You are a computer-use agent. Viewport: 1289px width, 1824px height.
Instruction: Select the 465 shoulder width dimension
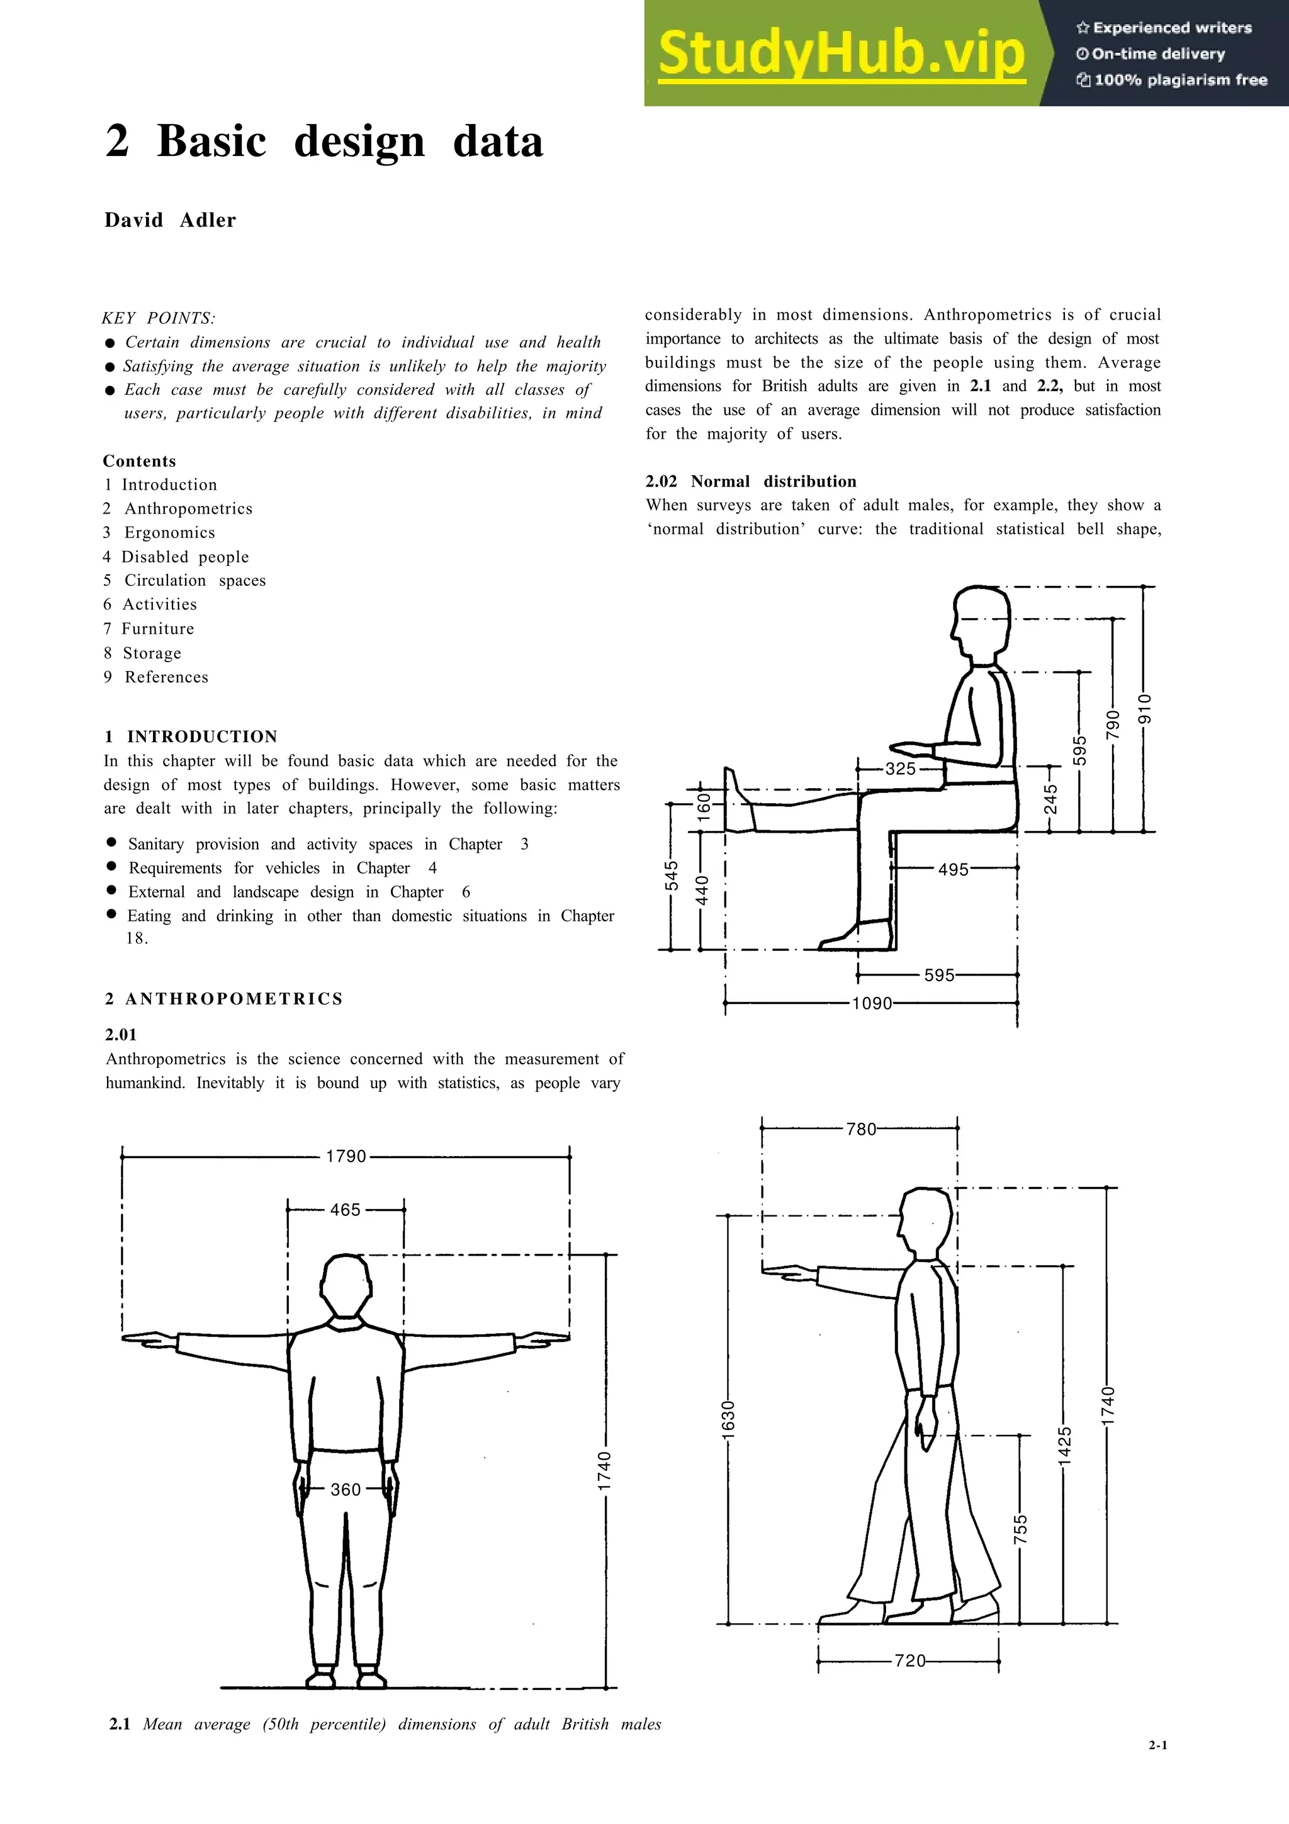click(x=346, y=1210)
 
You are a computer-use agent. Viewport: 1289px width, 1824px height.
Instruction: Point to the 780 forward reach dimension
click(x=861, y=1129)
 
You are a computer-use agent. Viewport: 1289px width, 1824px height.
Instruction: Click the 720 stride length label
click(x=910, y=1660)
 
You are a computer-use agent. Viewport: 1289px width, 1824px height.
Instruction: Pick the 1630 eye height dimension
click(x=728, y=1418)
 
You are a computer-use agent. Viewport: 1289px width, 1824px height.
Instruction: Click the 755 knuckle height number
click(x=1020, y=1529)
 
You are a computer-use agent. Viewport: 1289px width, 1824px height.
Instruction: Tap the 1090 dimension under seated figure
click(x=872, y=1003)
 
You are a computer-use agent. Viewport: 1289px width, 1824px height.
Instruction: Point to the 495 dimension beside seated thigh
click(x=953, y=869)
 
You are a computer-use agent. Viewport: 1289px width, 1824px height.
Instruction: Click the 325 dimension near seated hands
click(x=901, y=768)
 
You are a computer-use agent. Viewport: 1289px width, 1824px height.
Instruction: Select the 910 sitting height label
click(x=1144, y=709)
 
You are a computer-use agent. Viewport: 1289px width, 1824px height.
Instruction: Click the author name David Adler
click(x=170, y=220)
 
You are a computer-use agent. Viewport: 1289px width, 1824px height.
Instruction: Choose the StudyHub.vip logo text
click(x=841, y=53)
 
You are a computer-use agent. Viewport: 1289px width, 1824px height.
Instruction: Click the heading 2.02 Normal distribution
click(x=750, y=481)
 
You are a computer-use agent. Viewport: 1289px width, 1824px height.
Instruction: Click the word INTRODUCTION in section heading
click(x=202, y=736)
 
